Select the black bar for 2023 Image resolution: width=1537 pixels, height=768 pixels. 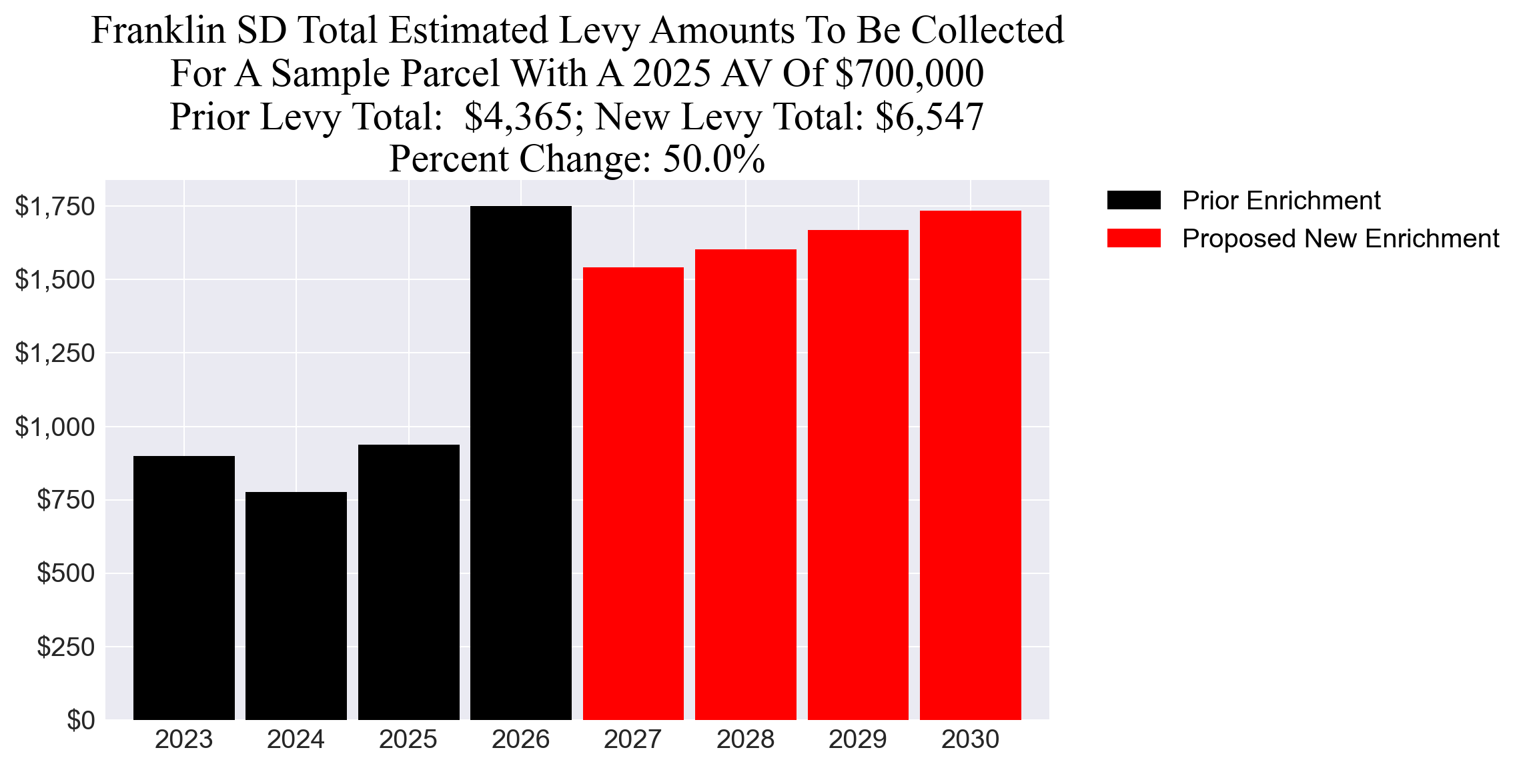pos(183,587)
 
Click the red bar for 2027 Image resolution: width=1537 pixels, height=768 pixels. pos(633,493)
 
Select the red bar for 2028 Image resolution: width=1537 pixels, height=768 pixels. pos(745,484)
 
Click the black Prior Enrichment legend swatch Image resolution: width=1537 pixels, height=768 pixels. pos(1133,200)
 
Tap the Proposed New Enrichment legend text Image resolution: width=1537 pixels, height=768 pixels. pos(1340,239)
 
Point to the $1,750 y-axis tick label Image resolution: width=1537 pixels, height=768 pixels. pos(55,207)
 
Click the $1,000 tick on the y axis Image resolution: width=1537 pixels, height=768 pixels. pos(55,427)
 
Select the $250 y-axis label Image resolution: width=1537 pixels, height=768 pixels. pos(66,647)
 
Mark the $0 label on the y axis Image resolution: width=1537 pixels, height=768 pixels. pos(81,720)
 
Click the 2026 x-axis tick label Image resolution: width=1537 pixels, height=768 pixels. pos(520,739)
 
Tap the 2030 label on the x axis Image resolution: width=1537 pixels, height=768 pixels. pos(970,739)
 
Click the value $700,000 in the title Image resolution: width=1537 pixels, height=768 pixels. pos(909,73)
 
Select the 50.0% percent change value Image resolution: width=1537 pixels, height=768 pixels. pos(714,159)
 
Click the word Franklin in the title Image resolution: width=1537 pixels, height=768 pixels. pos(158,31)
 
